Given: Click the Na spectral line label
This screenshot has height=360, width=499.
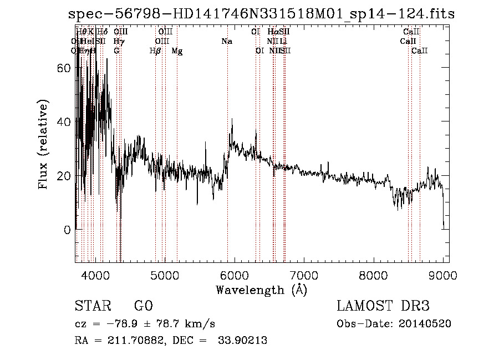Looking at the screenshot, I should (227, 41).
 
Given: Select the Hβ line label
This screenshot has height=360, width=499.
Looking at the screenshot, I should (155, 50).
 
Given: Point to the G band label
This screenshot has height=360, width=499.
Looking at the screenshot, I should (116, 50).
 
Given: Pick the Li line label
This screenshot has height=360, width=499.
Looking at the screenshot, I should (283, 41).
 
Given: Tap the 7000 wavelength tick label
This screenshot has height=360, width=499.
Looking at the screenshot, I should (304, 276).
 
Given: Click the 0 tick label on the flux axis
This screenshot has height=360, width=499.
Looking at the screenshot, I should (68, 230).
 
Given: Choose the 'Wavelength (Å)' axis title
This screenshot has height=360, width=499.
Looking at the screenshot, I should (261, 290).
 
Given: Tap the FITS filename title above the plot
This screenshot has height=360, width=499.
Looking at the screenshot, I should (260, 14).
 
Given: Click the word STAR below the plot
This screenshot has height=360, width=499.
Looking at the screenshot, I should (91, 307).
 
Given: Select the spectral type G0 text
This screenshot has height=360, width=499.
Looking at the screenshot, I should (143, 307).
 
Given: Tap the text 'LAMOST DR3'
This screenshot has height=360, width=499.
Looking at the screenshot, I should (383, 307).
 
